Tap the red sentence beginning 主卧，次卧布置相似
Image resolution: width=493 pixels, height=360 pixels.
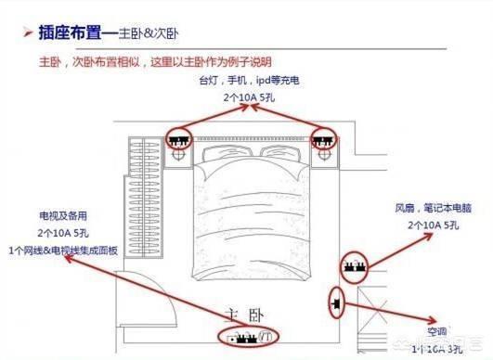click(x=155, y=61)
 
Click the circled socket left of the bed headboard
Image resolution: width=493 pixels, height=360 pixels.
click(x=178, y=142)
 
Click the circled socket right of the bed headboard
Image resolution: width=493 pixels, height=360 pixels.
click(x=322, y=142)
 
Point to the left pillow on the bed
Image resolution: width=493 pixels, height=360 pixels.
click(x=222, y=155)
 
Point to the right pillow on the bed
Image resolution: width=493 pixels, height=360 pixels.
click(x=280, y=155)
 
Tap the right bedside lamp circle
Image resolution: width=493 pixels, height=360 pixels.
click(x=323, y=159)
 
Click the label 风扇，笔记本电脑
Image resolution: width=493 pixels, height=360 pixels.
click(x=432, y=210)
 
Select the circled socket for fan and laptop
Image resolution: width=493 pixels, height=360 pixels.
click(x=354, y=268)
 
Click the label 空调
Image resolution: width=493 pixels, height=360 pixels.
click(x=435, y=330)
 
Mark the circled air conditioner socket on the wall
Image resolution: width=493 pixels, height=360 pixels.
click(x=336, y=302)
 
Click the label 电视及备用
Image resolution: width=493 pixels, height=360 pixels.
click(x=63, y=215)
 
